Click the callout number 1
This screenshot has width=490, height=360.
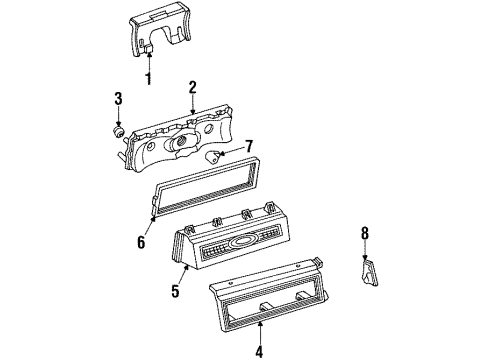pos(149,79)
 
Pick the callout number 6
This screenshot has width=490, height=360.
pos(140,241)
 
